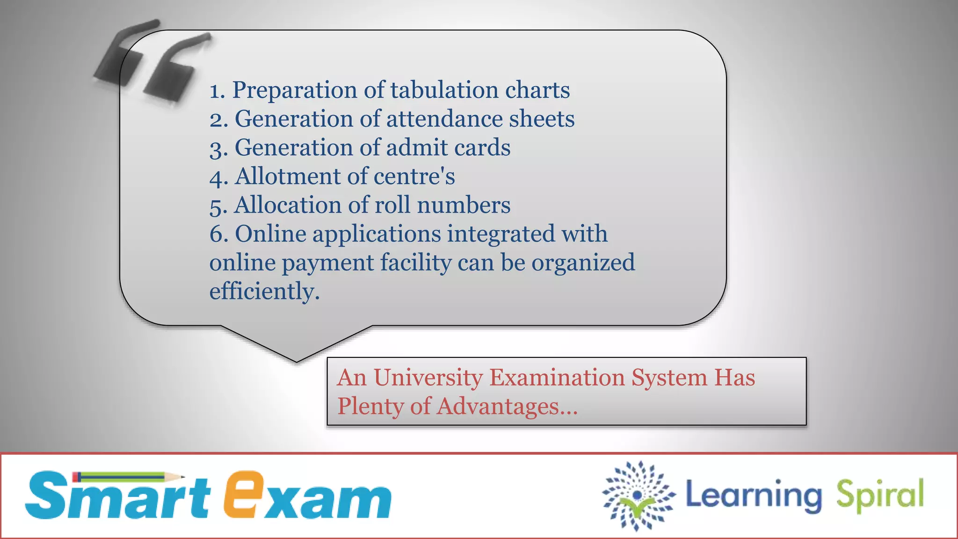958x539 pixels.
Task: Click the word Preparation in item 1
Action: [295, 90]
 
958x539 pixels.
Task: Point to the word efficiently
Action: [264, 291]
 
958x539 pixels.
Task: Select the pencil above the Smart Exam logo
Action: [128, 477]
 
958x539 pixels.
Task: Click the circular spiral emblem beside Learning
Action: [638, 495]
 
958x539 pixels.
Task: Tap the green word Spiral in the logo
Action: [879, 495]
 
